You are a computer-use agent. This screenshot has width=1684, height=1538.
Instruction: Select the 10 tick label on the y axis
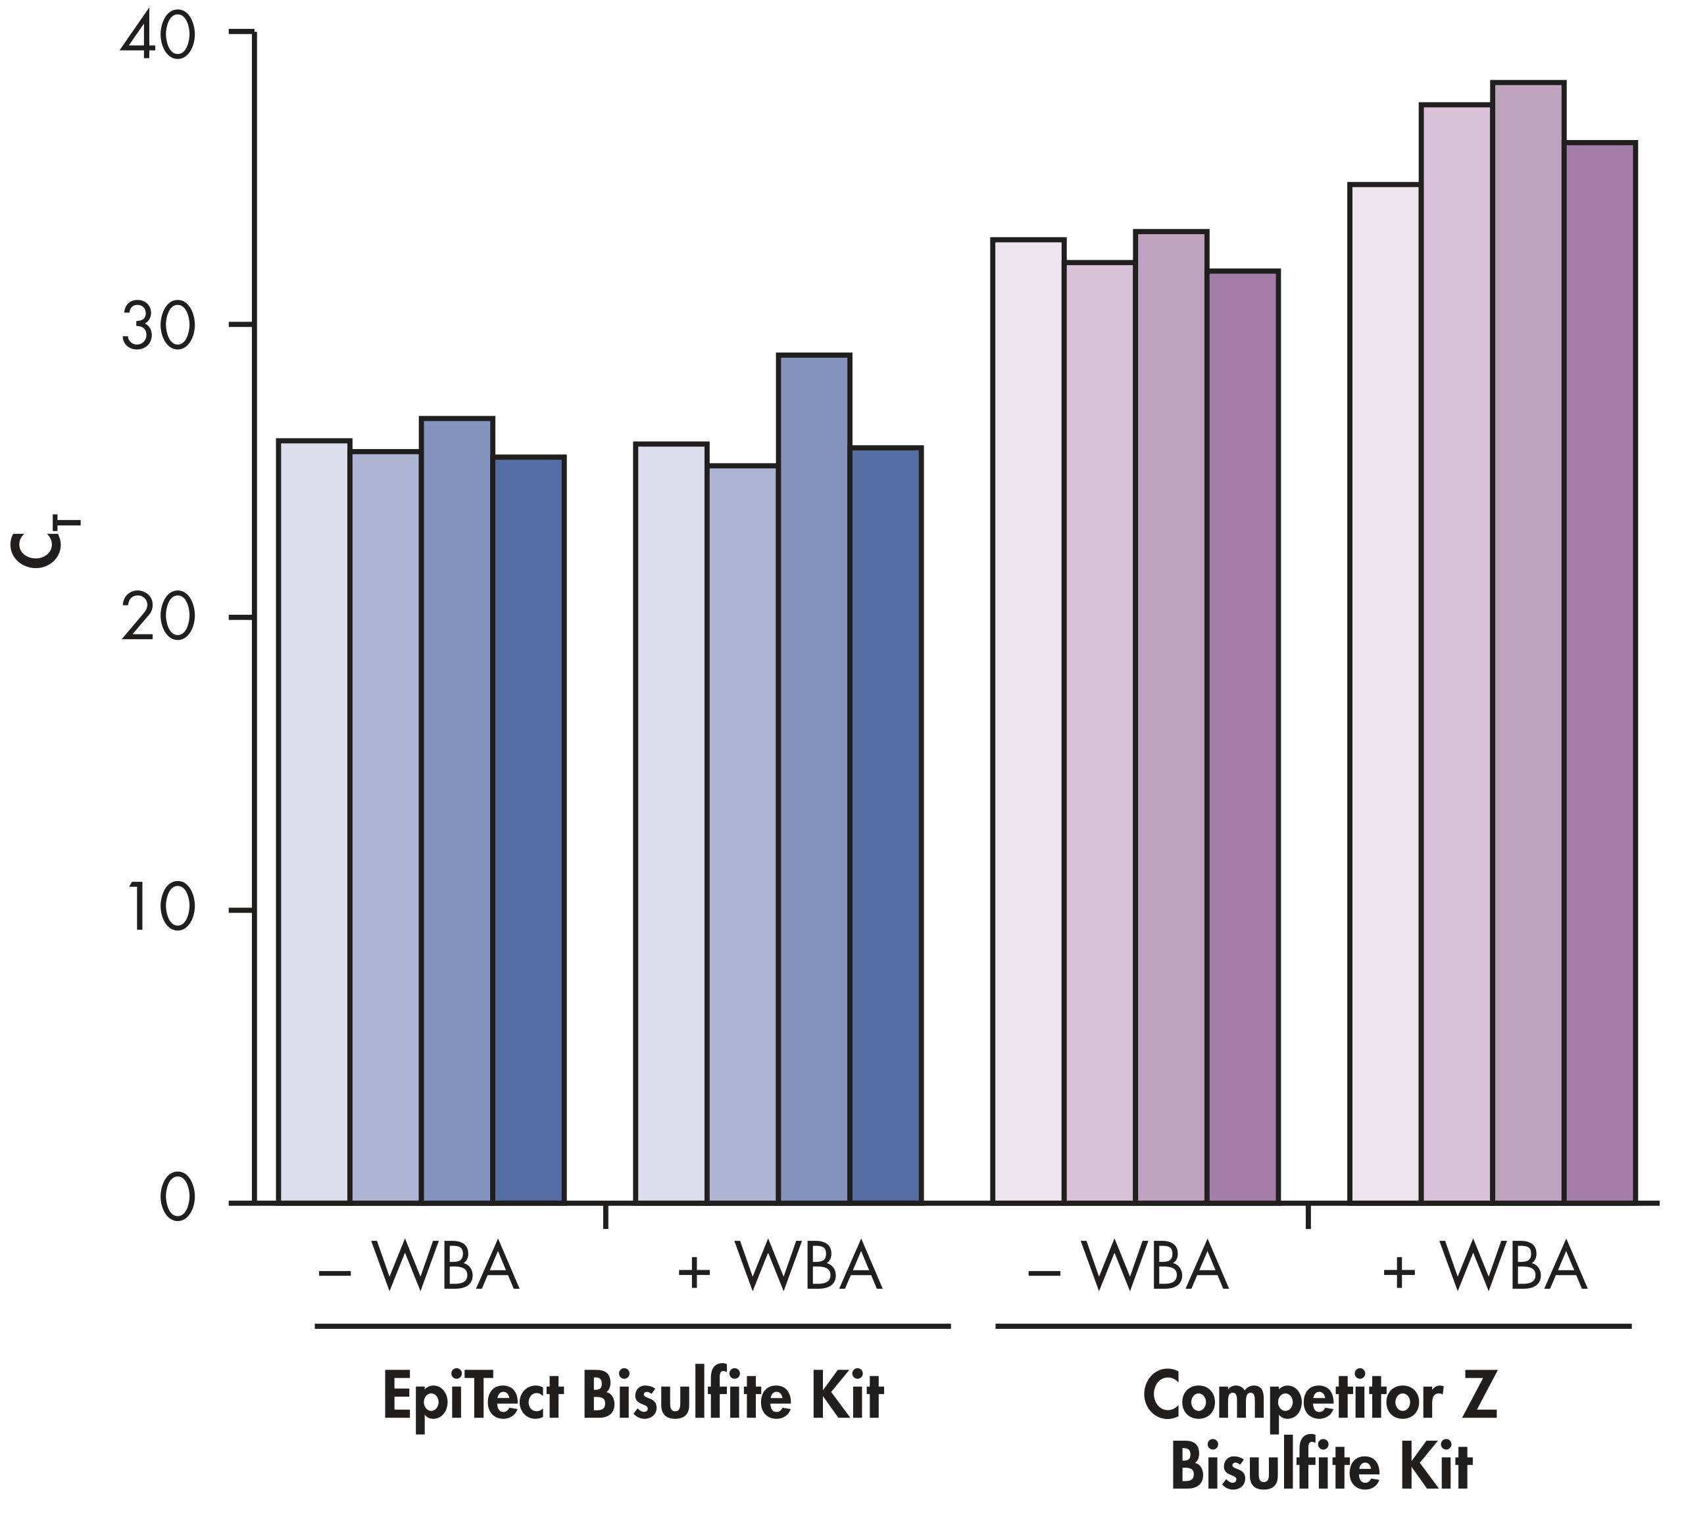point(159,910)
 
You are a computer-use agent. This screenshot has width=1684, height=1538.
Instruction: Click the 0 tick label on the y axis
point(177,1201)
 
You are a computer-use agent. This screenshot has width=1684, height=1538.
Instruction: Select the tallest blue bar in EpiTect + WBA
point(814,777)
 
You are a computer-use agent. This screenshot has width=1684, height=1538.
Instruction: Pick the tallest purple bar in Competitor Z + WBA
point(1528,643)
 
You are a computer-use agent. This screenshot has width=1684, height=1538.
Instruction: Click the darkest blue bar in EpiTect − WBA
point(529,827)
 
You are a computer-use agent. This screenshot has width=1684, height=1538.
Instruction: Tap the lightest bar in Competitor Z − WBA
point(1028,718)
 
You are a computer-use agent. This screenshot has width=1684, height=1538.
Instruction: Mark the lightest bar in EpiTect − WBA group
point(313,818)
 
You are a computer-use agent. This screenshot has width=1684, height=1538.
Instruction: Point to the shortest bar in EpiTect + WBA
point(743,835)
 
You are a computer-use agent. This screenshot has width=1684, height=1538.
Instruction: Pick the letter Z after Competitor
point(1480,1395)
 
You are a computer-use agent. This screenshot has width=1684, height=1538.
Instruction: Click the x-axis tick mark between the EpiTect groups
point(605,1216)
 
